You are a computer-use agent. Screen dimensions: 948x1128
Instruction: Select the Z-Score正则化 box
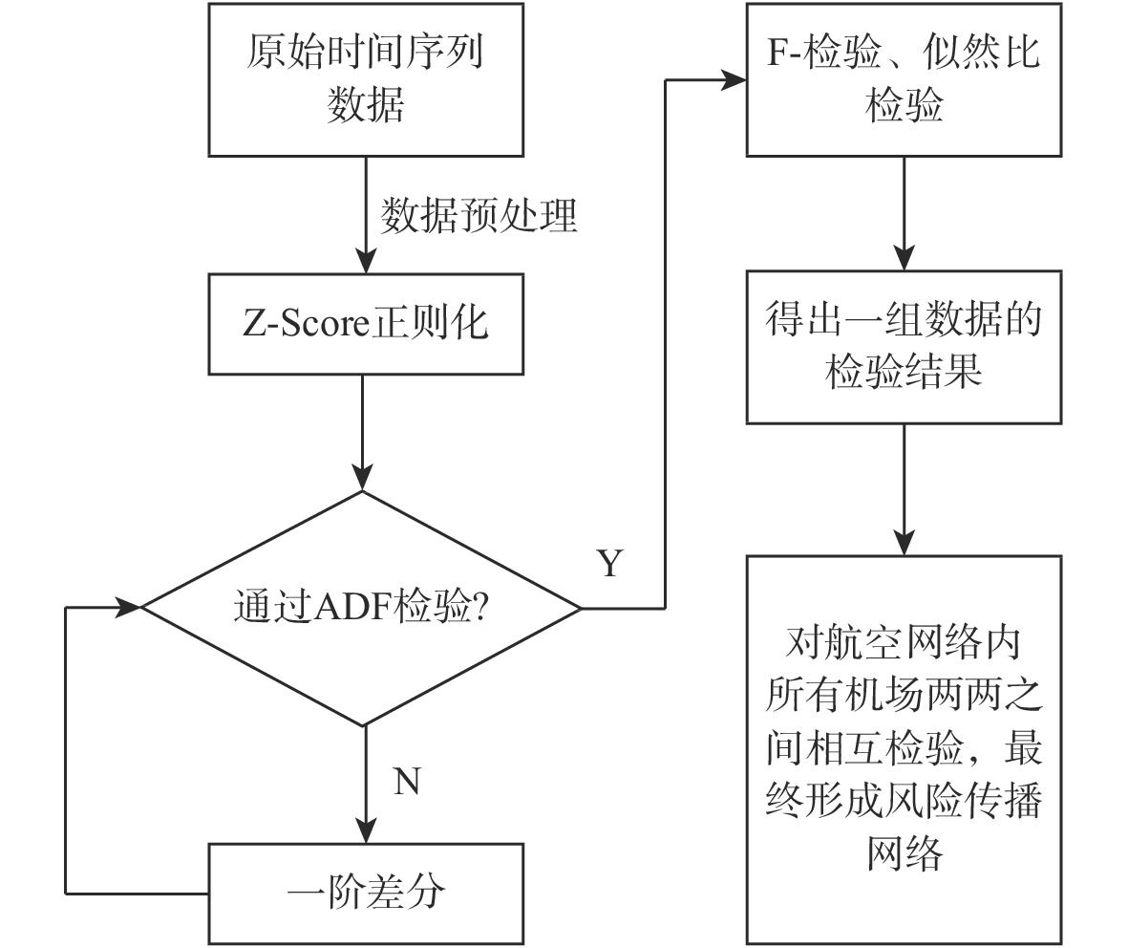[366, 324]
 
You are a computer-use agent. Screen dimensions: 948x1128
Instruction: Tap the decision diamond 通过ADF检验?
[362, 608]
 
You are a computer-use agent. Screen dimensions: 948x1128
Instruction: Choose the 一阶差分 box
[366, 893]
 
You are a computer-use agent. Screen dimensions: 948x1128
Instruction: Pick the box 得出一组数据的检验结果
[905, 346]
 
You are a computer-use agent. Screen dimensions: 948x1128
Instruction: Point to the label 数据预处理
[479, 217]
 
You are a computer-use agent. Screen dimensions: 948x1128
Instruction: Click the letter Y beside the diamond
[609, 564]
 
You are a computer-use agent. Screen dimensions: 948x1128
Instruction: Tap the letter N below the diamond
[407, 782]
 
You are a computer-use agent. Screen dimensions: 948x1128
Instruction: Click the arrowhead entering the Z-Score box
[366, 260]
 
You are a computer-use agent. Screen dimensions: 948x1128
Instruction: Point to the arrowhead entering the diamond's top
[366, 478]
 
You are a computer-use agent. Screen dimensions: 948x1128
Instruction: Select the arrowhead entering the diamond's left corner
[128, 607]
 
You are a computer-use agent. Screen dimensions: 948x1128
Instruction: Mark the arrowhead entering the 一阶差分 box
[366, 829]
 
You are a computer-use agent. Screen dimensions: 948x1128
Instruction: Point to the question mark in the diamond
[481, 609]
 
